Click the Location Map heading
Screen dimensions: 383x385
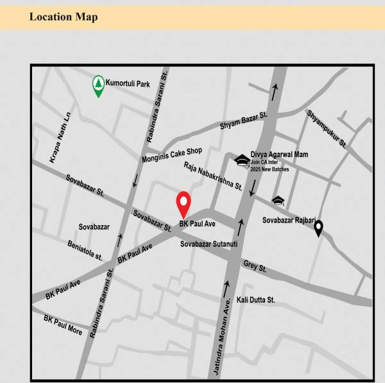click(64, 17)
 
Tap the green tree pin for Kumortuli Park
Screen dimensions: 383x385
click(98, 85)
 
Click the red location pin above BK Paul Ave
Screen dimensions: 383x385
click(184, 204)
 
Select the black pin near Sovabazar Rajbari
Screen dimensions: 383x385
click(318, 228)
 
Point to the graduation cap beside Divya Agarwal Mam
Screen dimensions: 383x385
click(241, 160)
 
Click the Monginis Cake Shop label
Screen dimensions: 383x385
click(172, 155)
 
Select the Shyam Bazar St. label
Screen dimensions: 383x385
click(243, 121)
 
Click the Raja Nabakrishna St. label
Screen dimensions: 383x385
click(212, 176)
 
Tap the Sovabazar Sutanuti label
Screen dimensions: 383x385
click(209, 244)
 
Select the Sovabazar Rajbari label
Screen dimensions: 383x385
click(289, 220)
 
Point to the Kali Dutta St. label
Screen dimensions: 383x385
click(255, 300)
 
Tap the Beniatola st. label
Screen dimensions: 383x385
click(85, 251)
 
